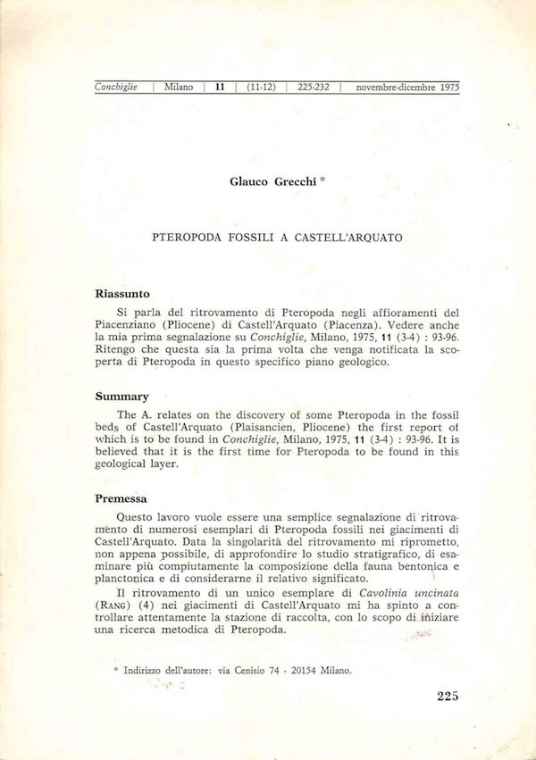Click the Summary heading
(121, 396)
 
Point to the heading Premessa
(121, 498)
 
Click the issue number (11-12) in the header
(263, 88)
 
